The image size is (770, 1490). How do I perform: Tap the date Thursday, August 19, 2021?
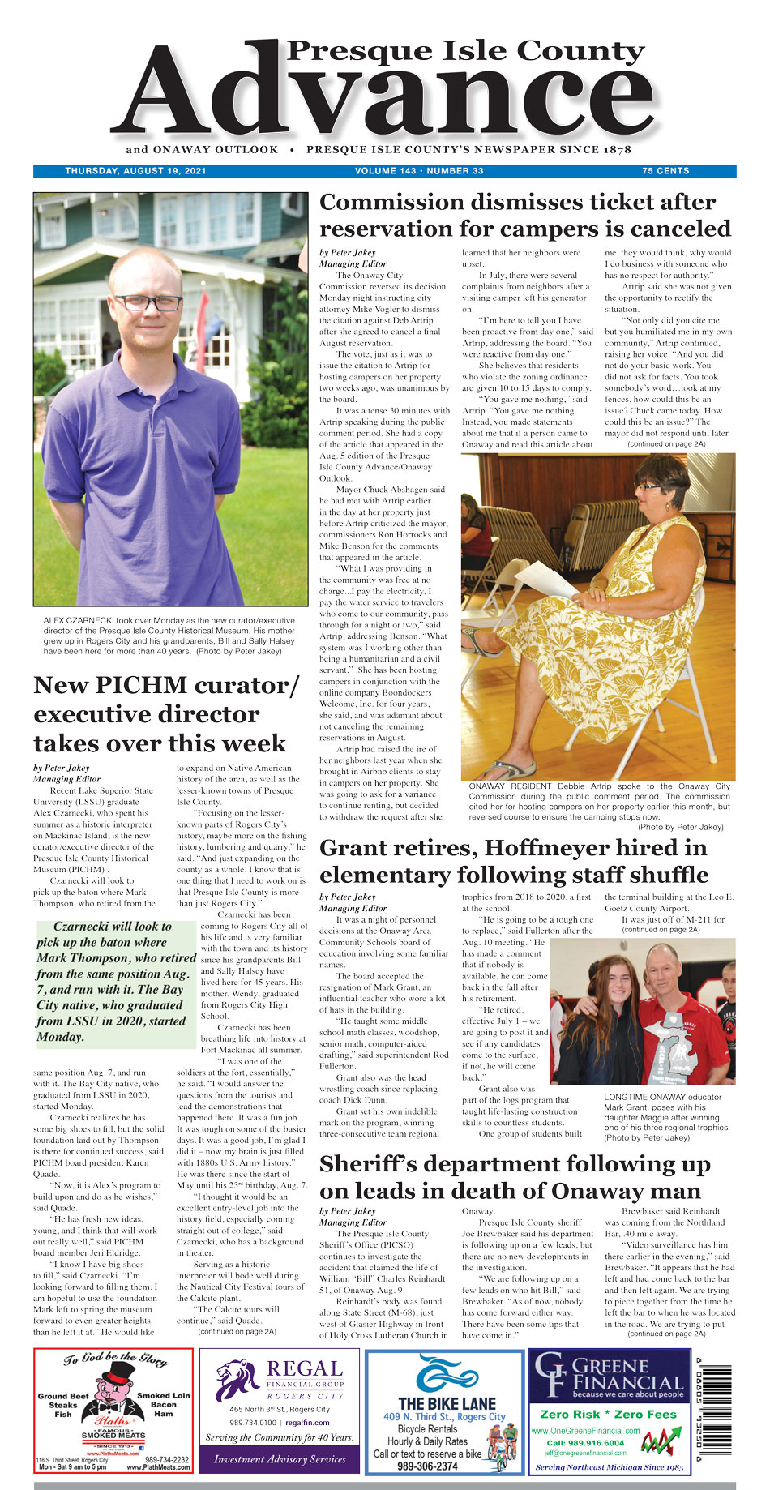pyautogui.click(x=135, y=171)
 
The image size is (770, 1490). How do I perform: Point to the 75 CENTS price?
pyautogui.click(x=665, y=171)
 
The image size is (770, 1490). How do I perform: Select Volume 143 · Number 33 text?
pyautogui.click(x=419, y=171)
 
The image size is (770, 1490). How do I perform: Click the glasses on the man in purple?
pyautogui.click(x=148, y=302)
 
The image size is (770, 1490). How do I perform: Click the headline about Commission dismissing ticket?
pyautogui.click(x=525, y=215)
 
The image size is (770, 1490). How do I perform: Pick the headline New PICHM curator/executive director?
pyautogui.click(x=166, y=714)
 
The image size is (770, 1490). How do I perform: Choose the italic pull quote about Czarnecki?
pyautogui.click(x=116, y=981)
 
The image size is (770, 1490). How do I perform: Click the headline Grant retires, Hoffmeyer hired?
pyautogui.click(x=514, y=861)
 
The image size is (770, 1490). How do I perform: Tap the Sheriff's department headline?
pyautogui.click(x=515, y=1177)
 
